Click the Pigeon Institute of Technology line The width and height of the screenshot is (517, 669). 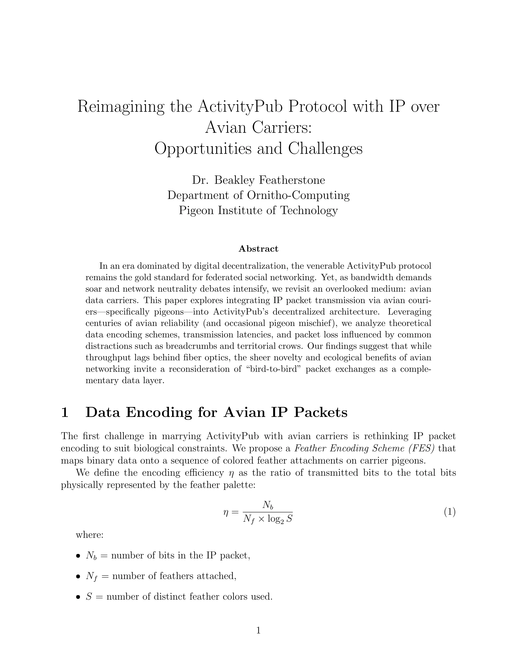pos(258,210)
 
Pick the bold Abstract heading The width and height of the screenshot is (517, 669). pos(258,249)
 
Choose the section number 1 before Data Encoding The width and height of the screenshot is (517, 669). pos(65,413)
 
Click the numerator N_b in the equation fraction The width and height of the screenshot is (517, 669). pos(267,506)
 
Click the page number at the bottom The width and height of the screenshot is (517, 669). pos(258,630)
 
